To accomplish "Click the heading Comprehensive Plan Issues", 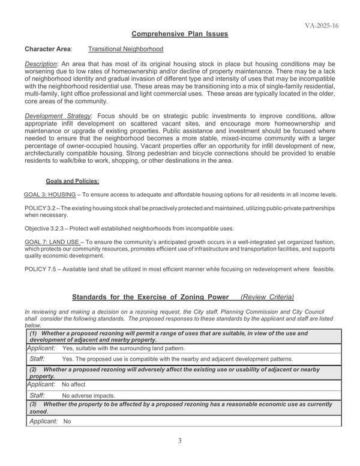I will pos(180,34).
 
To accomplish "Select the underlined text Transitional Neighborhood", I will pos(125,49).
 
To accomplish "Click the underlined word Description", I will pos(40,64).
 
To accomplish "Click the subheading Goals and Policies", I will pos(73,181).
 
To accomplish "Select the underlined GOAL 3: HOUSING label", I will pos(50,195).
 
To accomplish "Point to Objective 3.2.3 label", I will pos(49,229).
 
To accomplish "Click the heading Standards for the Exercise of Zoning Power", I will pos(150,297).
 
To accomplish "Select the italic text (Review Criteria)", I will pos(267,297).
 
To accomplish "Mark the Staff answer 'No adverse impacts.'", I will pos(89,396).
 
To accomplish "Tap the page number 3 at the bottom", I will pos(179,441).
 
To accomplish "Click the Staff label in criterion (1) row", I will pos(37,359).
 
